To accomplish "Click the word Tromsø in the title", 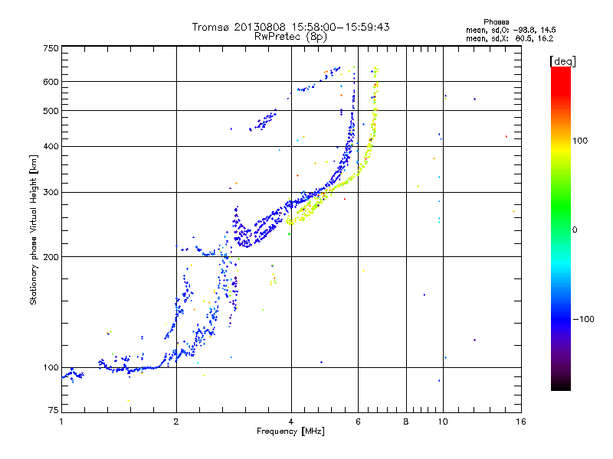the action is pos(211,27).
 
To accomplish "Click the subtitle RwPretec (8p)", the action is pos(290,37).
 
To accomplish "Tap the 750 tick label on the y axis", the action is pos(51,48).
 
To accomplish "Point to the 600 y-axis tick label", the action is pos(51,82).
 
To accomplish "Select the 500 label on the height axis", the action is pos(51,111).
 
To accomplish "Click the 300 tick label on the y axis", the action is pos(51,193).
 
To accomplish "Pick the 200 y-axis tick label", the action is pos(51,257).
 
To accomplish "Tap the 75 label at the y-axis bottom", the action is pos(54,410).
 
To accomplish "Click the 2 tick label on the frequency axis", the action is pos(176,422).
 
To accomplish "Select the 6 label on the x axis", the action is pos(358,422).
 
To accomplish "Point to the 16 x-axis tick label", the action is pos(521,422).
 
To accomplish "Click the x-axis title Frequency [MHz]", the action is pos(290,431).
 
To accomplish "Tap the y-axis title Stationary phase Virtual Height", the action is pos(34,230).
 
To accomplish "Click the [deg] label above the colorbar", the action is pos(562,61).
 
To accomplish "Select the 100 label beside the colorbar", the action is pos(581,141).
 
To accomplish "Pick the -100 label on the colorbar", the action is pos(584,319).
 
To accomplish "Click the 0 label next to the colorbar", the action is pos(575,230).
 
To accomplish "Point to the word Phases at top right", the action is pos(496,22).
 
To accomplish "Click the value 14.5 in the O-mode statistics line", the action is pos(548,30).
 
